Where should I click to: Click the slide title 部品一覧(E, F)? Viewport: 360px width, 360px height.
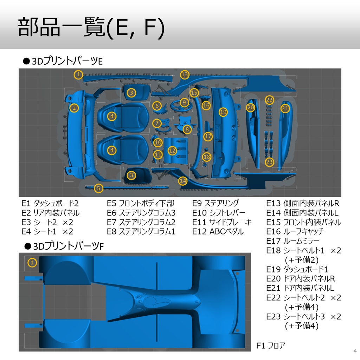click(91, 27)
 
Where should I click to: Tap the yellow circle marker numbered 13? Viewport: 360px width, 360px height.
click(185, 75)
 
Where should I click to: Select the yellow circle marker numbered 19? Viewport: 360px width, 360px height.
click(223, 112)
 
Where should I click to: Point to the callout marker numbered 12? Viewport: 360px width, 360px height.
click(172, 151)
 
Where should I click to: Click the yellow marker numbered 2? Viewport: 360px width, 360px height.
click(74, 108)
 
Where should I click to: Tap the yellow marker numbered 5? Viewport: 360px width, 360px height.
click(99, 188)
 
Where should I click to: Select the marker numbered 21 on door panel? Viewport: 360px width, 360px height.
click(285, 109)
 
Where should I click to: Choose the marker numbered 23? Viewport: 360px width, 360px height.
click(269, 162)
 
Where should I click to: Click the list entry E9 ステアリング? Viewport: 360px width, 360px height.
click(216, 203)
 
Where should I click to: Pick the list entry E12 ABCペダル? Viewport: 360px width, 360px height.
click(218, 232)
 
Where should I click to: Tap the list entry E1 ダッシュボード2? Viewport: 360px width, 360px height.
click(50, 203)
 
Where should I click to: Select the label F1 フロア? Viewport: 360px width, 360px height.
click(271, 346)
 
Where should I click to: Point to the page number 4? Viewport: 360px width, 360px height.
click(354, 351)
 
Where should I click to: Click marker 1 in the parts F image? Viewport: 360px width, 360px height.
click(32, 262)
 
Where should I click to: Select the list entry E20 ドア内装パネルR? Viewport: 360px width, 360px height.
click(301, 279)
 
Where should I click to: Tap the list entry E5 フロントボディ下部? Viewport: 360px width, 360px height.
click(141, 203)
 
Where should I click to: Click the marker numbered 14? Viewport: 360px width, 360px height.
click(183, 181)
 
